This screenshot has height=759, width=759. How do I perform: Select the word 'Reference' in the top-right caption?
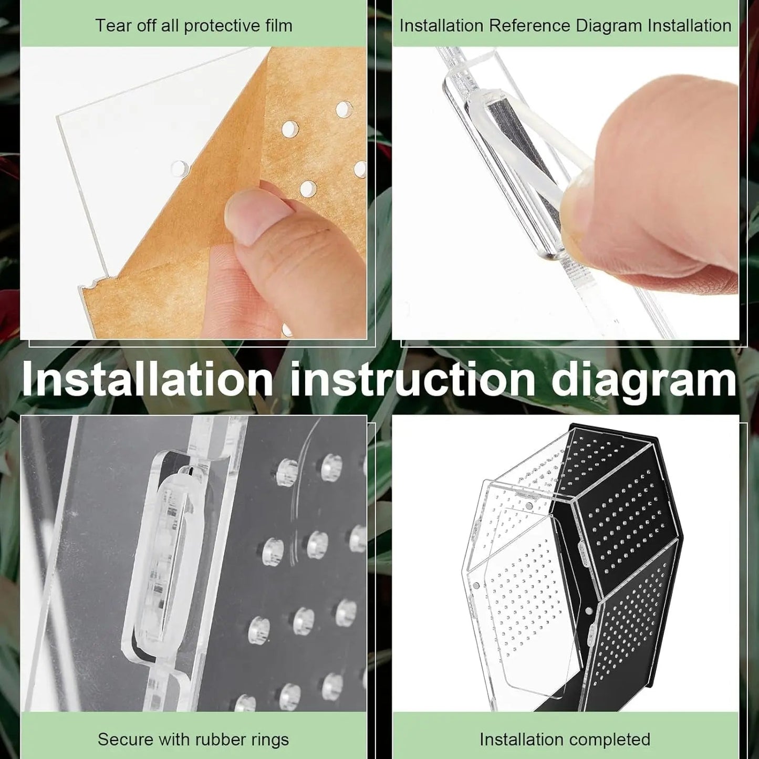pos(529,26)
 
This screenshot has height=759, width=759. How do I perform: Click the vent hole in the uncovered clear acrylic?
pos(180,168)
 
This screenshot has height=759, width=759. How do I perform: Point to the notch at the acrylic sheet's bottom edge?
pos(93,284)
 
